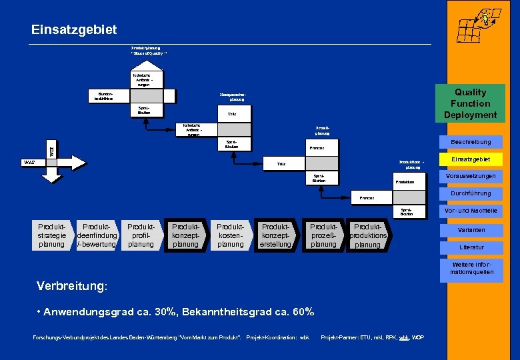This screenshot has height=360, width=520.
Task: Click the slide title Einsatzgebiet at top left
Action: (x=74, y=29)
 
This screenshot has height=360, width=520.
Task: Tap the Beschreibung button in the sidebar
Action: (x=470, y=142)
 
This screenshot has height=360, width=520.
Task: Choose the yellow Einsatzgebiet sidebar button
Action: (x=470, y=159)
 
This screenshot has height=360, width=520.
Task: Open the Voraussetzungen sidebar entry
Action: (x=470, y=177)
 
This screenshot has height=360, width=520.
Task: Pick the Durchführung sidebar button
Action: (x=470, y=193)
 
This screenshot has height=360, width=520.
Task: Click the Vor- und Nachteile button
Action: (x=470, y=211)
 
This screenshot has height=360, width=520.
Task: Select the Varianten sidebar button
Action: (x=470, y=230)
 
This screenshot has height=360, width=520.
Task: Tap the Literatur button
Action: (x=470, y=247)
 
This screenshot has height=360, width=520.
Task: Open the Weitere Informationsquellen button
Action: (x=470, y=268)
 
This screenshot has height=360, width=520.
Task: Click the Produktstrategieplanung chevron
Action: (x=51, y=235)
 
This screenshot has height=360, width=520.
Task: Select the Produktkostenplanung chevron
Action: (x=230, y=235)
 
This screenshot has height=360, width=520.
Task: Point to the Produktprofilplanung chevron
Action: (x=141, y=235)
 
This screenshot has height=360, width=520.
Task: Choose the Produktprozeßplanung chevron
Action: (x=323, y=235)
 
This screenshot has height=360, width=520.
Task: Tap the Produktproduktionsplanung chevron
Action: (x=368, y=235)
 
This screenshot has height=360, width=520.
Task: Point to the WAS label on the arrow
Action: (x=30, y=162)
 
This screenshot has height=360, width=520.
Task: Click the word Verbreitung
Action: (x=71, y=285)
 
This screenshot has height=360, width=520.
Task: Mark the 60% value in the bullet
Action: (x=301, y=312)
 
